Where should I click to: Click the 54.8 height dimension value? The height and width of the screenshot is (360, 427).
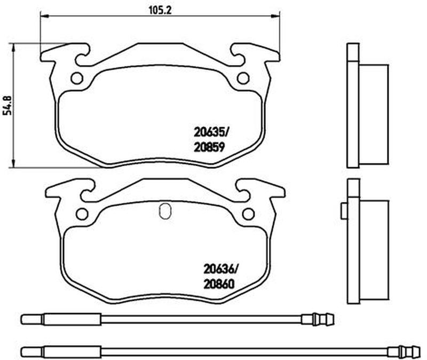click(x=7, y=105)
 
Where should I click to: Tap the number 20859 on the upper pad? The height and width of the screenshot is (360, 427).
click(x=209, y=147)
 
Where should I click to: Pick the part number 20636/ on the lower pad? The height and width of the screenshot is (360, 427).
click(x=221, y=269)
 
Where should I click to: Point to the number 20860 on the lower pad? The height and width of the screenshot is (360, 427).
click(x=219, y=284)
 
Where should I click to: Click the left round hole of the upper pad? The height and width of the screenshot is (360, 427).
click(x=77, y=78)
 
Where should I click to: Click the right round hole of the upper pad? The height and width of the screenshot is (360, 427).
click(x=243, y=78)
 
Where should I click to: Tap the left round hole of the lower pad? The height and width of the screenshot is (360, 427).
click(x=82, y=214)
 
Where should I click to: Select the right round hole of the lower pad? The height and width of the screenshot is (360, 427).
click(x=248, y=214)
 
